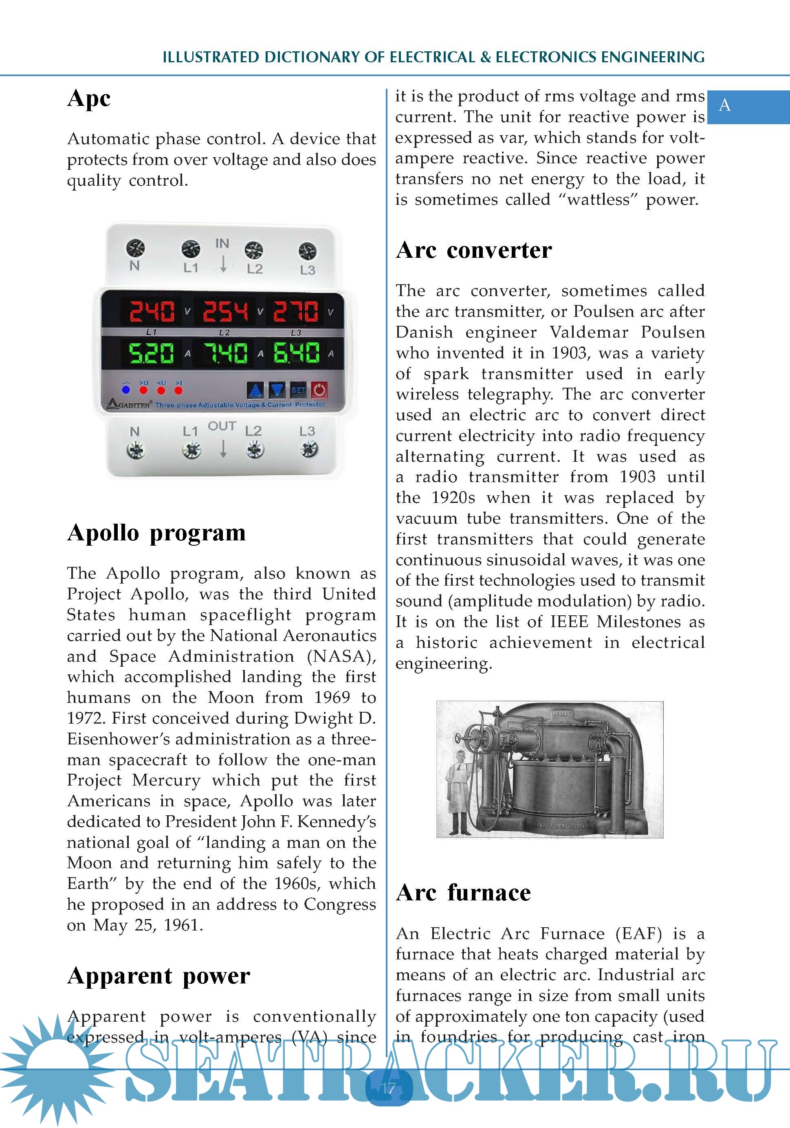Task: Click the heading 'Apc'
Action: [89, 98]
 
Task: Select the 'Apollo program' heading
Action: [156, 533]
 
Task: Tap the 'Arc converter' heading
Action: [473, 250]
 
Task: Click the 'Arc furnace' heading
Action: [463, 892]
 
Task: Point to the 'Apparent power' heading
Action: [158, 976]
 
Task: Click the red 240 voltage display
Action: [152, 311]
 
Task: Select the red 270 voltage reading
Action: [296, 311]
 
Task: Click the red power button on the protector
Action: [319, 390]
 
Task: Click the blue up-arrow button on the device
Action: [255, 390]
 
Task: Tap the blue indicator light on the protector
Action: [126, 390]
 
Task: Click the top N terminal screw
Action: [135, 248]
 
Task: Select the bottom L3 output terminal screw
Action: [308, 449]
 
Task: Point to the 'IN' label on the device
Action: [222, 243]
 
